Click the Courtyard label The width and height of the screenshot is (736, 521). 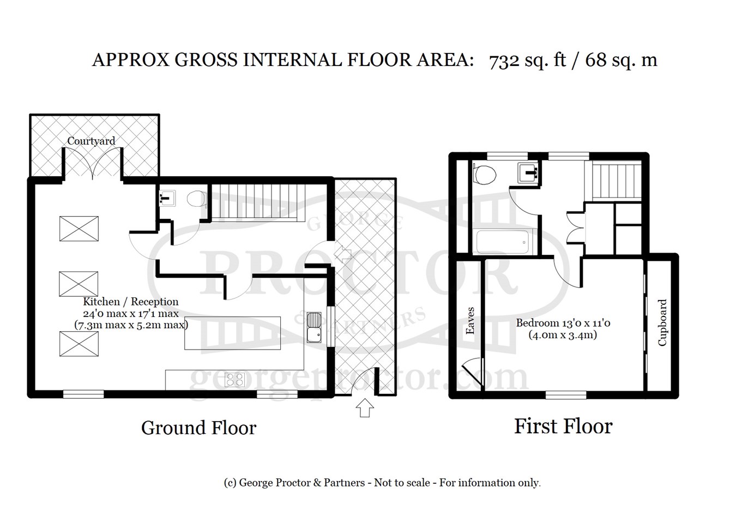(x=91, y=141)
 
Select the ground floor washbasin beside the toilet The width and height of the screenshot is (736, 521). (x=167, y=198)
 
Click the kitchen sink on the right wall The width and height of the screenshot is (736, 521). (x=314, y=327)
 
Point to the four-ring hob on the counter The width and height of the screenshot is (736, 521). (x=234, y=379)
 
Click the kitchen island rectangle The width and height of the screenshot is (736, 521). (x=232, y=333)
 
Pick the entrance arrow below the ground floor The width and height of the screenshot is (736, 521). (x=365, y=408)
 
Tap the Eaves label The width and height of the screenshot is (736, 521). (x=470, y=320)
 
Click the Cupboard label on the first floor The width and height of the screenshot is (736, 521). (x=662, y=322)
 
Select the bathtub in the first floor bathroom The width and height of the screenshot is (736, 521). (x=503, y=242)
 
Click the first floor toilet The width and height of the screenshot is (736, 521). (x=484, y=174)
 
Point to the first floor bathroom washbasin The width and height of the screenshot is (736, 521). (x=528, y=172)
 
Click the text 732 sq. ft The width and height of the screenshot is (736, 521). (x=527, y=61)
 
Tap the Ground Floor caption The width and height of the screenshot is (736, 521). (x=199, y=428)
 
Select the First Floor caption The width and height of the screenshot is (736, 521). (x=563, y=426)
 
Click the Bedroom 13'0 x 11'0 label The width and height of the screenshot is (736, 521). (x=563, y=323)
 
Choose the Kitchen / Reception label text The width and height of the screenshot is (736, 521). (x=130, y=302)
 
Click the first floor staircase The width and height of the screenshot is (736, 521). (x=613, y=182)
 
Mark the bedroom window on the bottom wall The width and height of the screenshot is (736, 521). (x=566, y=394)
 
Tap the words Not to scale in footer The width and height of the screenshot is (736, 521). (x=402, y=483)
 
